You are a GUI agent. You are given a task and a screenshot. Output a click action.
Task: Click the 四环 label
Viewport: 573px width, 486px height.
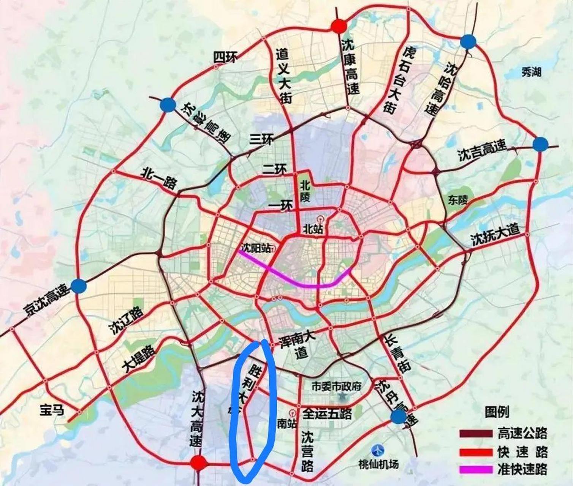pos(225,58)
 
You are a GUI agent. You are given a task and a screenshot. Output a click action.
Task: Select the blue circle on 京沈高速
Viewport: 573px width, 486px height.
pos(79,285)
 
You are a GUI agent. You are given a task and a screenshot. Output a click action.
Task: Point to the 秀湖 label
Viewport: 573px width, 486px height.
pos(531,72)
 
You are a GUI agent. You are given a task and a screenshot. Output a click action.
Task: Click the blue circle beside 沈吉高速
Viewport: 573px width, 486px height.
pos(540,144)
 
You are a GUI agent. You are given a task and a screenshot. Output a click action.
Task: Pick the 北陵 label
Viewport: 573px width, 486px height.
pos(305,191)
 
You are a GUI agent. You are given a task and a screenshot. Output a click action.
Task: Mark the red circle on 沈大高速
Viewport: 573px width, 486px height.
pos(198,463)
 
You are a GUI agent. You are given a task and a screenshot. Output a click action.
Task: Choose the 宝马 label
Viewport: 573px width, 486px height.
pos(52,410)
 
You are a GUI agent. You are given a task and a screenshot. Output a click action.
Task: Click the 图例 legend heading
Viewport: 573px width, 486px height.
pos(497,412)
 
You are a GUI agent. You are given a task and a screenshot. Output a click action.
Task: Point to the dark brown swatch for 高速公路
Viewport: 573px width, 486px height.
pos(475,433)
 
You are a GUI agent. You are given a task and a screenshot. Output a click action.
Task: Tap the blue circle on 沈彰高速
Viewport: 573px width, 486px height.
pos(168,105)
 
